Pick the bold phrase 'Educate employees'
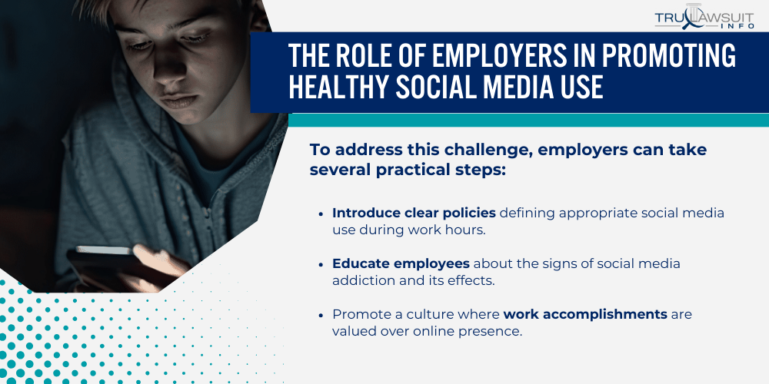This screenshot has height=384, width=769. pos(390,263)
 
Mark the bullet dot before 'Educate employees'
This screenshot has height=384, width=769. pos(321,264)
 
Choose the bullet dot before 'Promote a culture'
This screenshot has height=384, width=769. pos(321,315)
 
